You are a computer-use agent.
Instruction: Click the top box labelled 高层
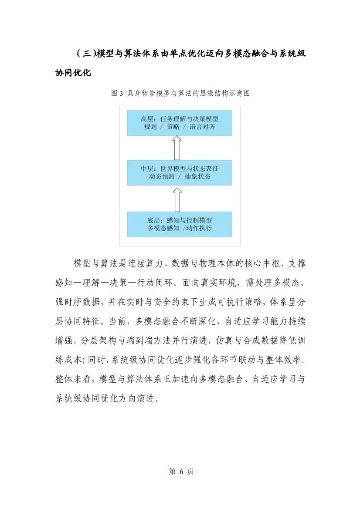(180, 123)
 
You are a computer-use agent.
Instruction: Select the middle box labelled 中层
(180, 172)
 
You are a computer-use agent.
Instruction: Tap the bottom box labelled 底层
(180, 224)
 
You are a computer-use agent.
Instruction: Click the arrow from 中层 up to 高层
(177, 148)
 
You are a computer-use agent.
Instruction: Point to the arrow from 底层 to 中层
(177, 198)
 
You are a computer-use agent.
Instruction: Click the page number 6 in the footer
(180, 472)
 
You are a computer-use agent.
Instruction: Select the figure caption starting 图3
(180, 94)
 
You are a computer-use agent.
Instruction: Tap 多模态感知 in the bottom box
(164, 228)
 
